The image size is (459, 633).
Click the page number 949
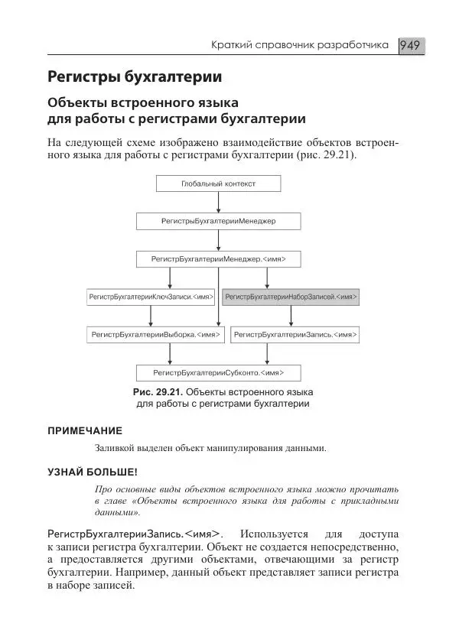[x=411, y=46]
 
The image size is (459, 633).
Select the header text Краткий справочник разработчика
[x=301, y=47]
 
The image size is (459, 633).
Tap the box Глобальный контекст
[x=218, y=183]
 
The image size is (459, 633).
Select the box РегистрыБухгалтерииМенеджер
[x=218, y=221]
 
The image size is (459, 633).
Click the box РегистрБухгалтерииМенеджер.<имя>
[x=218, y=259]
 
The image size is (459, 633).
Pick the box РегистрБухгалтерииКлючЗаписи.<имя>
[x=151, y=297]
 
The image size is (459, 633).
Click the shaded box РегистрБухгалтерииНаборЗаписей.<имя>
[x=290, y=297]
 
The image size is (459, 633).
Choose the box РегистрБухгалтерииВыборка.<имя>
[x=155, y=335]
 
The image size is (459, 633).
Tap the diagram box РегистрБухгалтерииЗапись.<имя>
[x=295, y=335]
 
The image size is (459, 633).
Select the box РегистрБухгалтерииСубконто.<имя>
[x=218, y=372]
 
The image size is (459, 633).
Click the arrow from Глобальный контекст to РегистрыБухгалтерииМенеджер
[x=218, y=202]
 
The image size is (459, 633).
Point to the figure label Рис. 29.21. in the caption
[x=157, y=392]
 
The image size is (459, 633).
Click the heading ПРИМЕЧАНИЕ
[x=85, y=430]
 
